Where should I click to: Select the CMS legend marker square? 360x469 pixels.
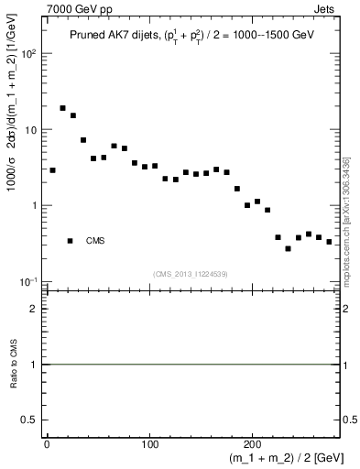click(70, 241)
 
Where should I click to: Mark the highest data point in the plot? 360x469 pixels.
click(63, 108)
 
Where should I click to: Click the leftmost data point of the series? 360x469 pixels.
click(53, 170)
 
